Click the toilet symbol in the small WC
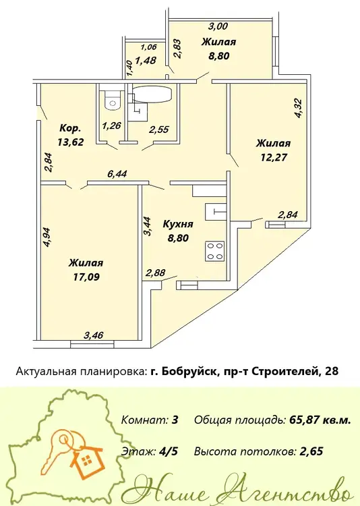(113, 100)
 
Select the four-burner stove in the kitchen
(214, 251)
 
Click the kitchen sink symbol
(216, 212)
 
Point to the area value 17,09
(86, 277)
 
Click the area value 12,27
(274, 157)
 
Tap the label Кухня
(178, 224)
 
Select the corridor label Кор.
(70, 128)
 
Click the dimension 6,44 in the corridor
(117, 174)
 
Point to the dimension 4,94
(47, 237)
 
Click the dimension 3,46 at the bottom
(94, 335)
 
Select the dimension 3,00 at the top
(218, 26)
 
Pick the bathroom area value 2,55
(158, 130)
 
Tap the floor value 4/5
(169, 451)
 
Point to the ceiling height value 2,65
(311, 451)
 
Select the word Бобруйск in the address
(188, 372)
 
